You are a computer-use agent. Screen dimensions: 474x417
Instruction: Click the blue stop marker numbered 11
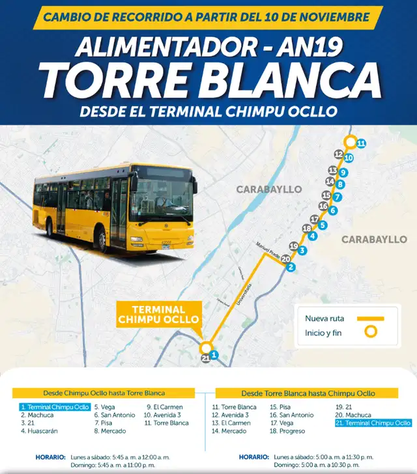point(362,143)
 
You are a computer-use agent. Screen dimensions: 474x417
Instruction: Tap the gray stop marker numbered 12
point(338,154)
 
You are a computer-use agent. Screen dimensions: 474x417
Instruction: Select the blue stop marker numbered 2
point(291,267)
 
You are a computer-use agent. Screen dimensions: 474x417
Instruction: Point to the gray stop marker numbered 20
point(285,258)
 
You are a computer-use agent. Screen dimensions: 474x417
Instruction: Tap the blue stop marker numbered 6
point(332,210)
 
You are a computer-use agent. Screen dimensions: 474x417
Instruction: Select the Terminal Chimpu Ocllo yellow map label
point(159,314)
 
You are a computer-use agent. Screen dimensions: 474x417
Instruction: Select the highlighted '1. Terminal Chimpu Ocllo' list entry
point(55,407)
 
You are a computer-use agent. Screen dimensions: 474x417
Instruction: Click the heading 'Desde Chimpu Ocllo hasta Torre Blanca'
point(104,393)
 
